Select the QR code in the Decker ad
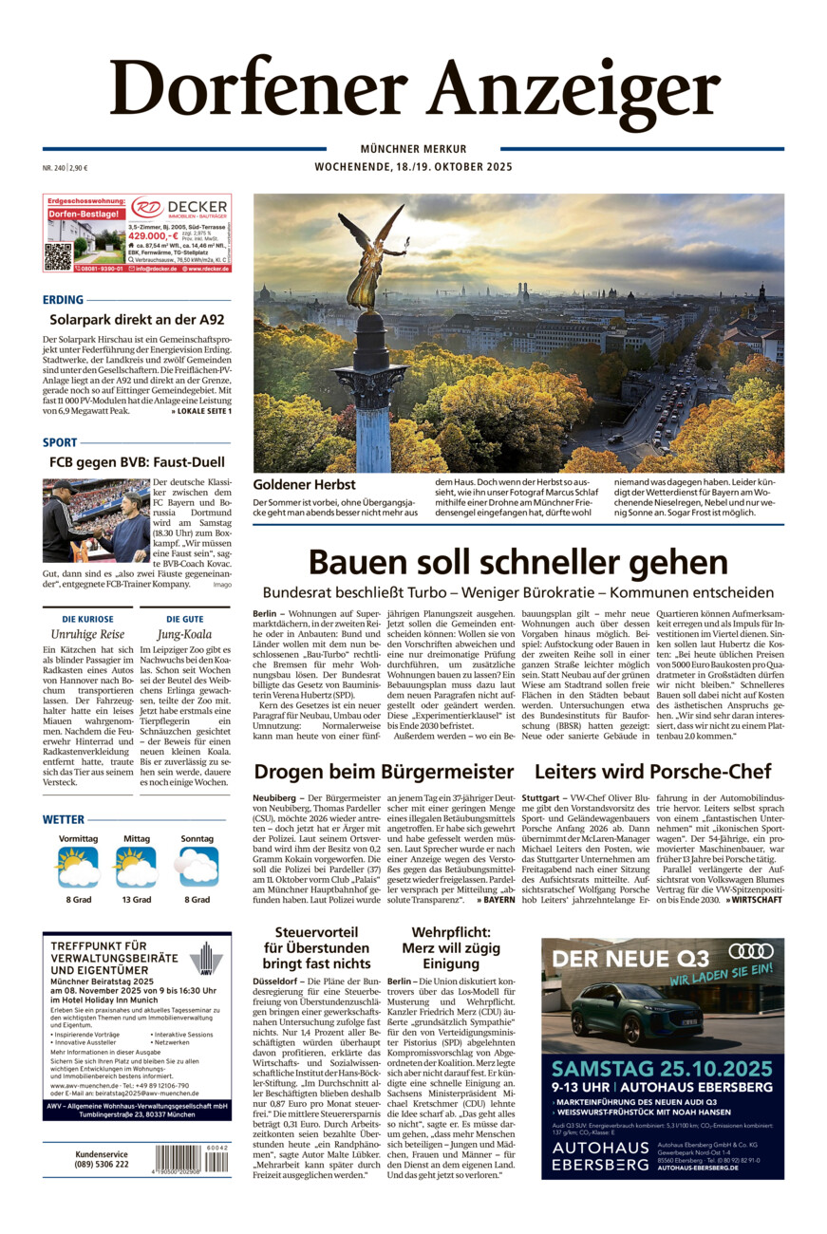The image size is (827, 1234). [x=59, y=254]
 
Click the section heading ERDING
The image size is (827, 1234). [x=63, y=300]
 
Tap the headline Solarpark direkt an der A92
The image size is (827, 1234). [x=137, y=320]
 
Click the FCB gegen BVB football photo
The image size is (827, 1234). [x=96, y=520]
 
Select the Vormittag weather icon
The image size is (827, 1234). [x=78, y=866]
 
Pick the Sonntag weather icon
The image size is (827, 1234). [x=197, y=866]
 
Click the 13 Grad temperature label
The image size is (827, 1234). [x=136, y=899]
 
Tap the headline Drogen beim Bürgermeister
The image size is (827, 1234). [x=384, y=770]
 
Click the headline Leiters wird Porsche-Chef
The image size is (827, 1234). [x=652, y=770]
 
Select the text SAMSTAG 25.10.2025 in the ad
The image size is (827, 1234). [x=662, y=1068]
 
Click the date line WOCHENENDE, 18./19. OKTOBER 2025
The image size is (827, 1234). [x=413, y=167]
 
